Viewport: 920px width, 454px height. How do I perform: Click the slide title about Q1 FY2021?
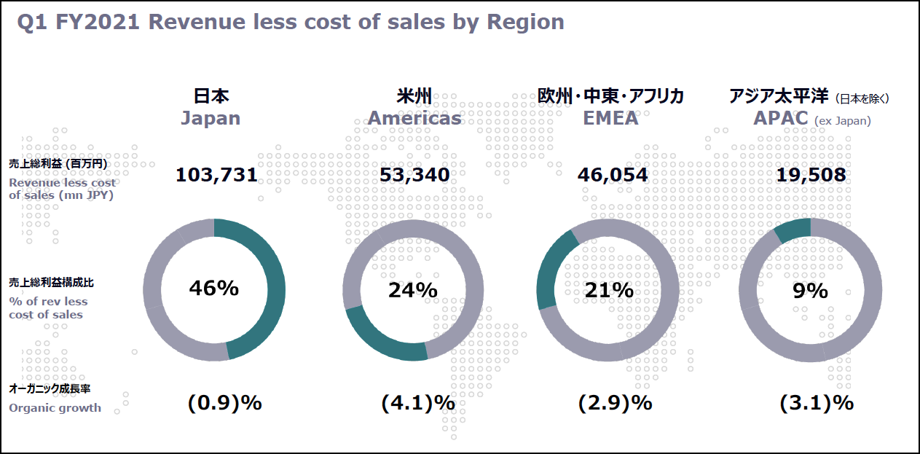coord(291,23)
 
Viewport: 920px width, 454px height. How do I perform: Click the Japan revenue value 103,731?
coord(216,175)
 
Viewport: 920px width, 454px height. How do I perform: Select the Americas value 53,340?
coord(414,175)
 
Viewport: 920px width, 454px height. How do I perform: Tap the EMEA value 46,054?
coord(613,175)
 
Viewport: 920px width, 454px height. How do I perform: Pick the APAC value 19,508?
coord(811,175)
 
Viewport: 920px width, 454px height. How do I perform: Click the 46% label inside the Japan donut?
coord(214,289)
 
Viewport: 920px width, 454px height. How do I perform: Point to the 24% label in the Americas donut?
coord(413,291)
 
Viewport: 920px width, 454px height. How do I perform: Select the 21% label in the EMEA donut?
coord(609,290)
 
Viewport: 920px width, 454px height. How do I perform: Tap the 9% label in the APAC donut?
coord(810,291)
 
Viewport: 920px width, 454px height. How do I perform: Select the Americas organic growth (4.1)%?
coord(417,403)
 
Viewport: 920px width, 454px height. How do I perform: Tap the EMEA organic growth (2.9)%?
coord(616,403)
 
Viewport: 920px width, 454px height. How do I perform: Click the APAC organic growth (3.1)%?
coord(817,403)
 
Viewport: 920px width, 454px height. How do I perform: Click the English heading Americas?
coord(414,118)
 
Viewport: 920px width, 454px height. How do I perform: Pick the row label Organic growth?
coord(55,408)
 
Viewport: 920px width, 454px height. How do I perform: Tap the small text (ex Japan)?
coord(842,121)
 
